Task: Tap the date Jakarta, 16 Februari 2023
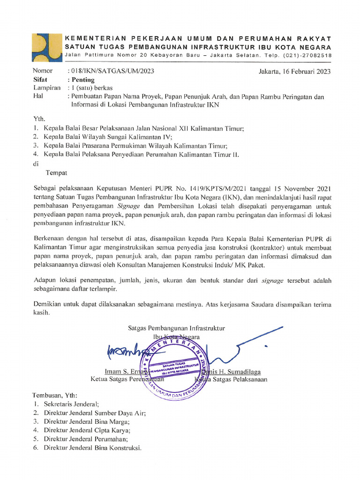pyautogui.click(x=294, y=71)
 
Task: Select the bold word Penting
pyautogui.click(x=82, y=80)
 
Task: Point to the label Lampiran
pyautogui.click(x=47, y=88)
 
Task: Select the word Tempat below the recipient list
pyautogui.click(x=56, y=172)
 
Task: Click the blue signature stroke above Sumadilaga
pyautogui.click(x=244, y=347)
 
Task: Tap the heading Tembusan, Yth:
pyautogui.click(x=55, y=395)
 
